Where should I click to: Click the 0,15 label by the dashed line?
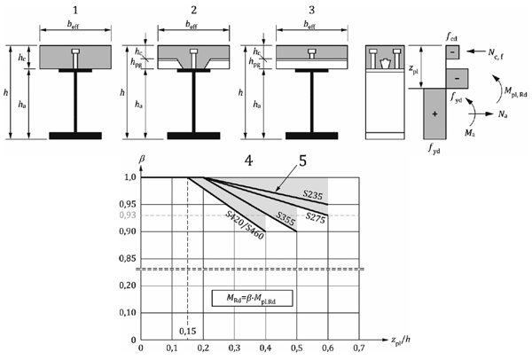pos(186,331)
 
